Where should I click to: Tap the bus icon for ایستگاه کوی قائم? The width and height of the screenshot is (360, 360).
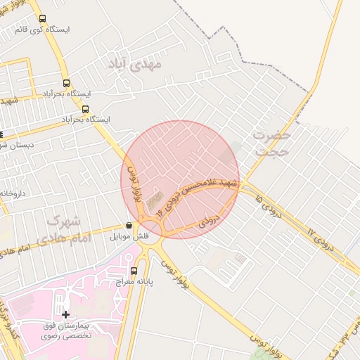pyautogui.click(x=42, y=19)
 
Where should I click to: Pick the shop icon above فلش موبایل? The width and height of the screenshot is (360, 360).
pyautogui.click(x=128, y=226)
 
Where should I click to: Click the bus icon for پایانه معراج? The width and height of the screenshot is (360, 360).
pyautogui.click(x=134, y=271)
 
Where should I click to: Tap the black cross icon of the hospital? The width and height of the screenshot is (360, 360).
pyautogui.click(x=66, y=315)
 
